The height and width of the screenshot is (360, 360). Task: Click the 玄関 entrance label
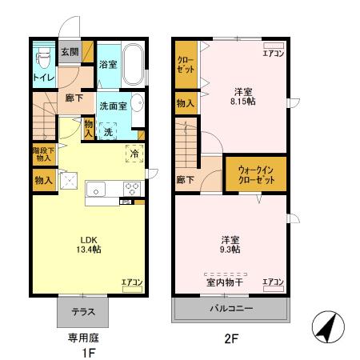[x=70, y=53]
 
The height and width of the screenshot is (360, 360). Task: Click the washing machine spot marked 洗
[x=107, y=131]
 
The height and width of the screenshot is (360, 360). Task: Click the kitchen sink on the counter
[x=96, y=190]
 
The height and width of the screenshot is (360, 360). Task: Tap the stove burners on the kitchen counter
[x=131, y=189]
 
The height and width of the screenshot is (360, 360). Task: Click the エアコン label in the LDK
[x=132, y=282]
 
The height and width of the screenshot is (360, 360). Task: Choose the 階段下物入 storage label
[x=43, y=154]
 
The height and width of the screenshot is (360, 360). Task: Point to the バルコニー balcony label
[x=231, y=307]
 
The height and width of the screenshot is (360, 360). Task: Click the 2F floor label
[x=231, y=338]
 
